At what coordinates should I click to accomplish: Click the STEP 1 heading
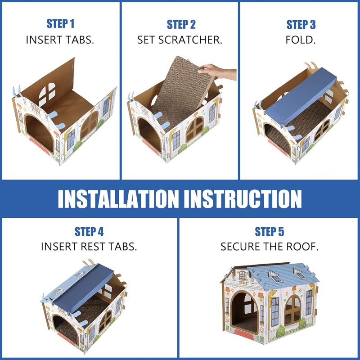click(x=60, y=24)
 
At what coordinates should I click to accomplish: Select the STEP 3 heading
click(x=301, y=24)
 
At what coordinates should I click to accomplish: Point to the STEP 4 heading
click(x=89, y=232)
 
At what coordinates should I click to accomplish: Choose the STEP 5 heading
click(x=269, y=232)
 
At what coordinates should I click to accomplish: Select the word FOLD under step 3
click(x=301, y=40)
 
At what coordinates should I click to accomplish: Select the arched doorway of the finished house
click(x=245, y=310)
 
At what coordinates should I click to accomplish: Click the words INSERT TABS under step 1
click(x=60, y=40)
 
